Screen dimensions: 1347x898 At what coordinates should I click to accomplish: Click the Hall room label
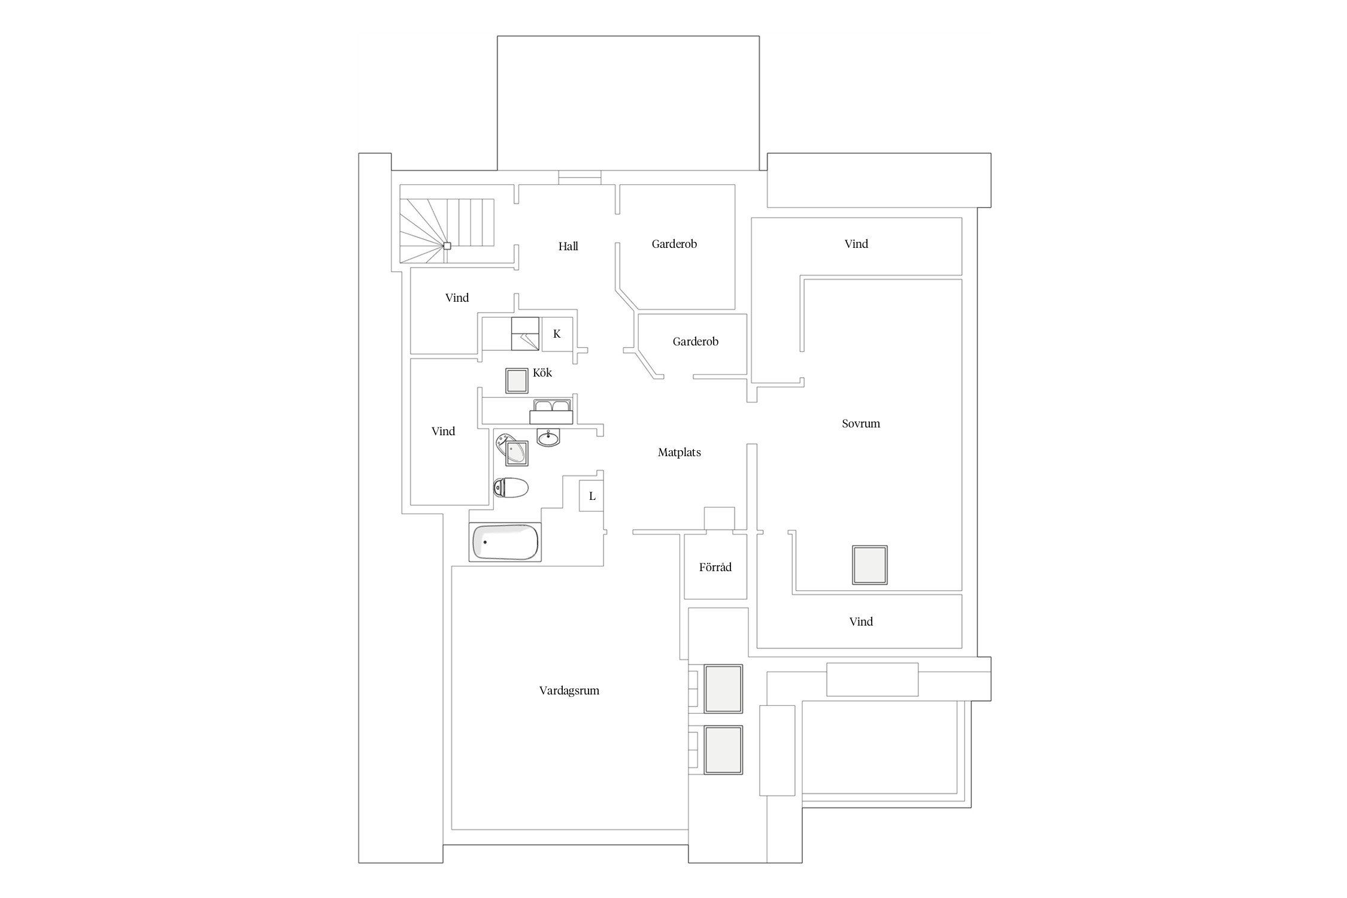coord(568,246)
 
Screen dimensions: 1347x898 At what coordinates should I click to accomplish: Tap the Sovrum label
coord(861,423)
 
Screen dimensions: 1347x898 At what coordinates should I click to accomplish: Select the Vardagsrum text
coord(569,690)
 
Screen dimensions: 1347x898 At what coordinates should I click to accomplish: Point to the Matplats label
coord(679,453)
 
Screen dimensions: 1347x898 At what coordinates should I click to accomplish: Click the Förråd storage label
coord(715,567)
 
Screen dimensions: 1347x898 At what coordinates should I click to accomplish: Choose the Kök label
coord(542,372)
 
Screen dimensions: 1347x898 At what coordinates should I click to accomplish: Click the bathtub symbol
coord(505,542)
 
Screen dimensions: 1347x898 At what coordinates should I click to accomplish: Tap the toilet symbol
coord(511,488)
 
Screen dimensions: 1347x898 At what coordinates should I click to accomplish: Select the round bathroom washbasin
coord(548,438)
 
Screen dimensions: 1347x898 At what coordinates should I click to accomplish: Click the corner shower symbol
coord(513,450)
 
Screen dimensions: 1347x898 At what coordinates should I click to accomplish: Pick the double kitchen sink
coord(552,411)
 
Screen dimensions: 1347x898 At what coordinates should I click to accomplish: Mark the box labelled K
coord(557,333)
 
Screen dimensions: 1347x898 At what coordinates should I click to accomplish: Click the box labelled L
coord(591,496)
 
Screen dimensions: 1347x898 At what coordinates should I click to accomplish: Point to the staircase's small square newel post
coord(447,245)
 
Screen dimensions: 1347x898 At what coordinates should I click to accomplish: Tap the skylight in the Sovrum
coord(870,565)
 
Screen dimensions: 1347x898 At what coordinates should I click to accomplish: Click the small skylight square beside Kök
coord(517,380)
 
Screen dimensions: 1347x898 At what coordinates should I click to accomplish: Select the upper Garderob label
coord(674,244)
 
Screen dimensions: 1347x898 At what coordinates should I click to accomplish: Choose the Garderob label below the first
coord(695,341)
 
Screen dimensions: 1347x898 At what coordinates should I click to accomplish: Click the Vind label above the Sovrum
coord(856,244)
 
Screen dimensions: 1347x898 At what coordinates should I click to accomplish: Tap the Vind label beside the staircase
coord(457,298)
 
